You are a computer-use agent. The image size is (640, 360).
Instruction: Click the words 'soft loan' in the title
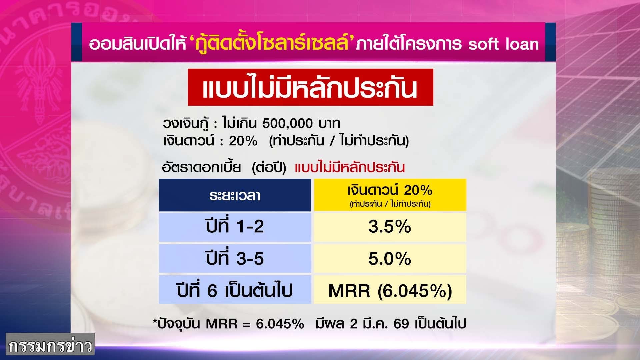503,44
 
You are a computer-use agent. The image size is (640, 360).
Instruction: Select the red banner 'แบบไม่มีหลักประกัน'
310,87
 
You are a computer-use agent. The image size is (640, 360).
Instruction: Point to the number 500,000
287,123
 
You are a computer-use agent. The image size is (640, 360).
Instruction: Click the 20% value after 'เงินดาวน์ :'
243,141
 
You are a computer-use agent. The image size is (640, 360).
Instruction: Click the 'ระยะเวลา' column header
235,195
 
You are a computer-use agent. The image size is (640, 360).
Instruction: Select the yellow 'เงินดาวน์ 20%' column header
390,195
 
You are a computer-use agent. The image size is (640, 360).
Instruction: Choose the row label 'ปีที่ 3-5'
235,258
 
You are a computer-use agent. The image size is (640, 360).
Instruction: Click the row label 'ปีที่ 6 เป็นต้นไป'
235,290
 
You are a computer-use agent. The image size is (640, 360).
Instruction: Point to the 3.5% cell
390,227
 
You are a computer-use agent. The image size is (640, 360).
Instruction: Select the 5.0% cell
390,258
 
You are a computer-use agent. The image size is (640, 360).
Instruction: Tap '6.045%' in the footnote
280,324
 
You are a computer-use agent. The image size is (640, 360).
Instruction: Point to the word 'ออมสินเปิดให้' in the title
137,44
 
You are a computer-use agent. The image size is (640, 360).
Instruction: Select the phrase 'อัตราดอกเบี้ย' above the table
201,167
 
